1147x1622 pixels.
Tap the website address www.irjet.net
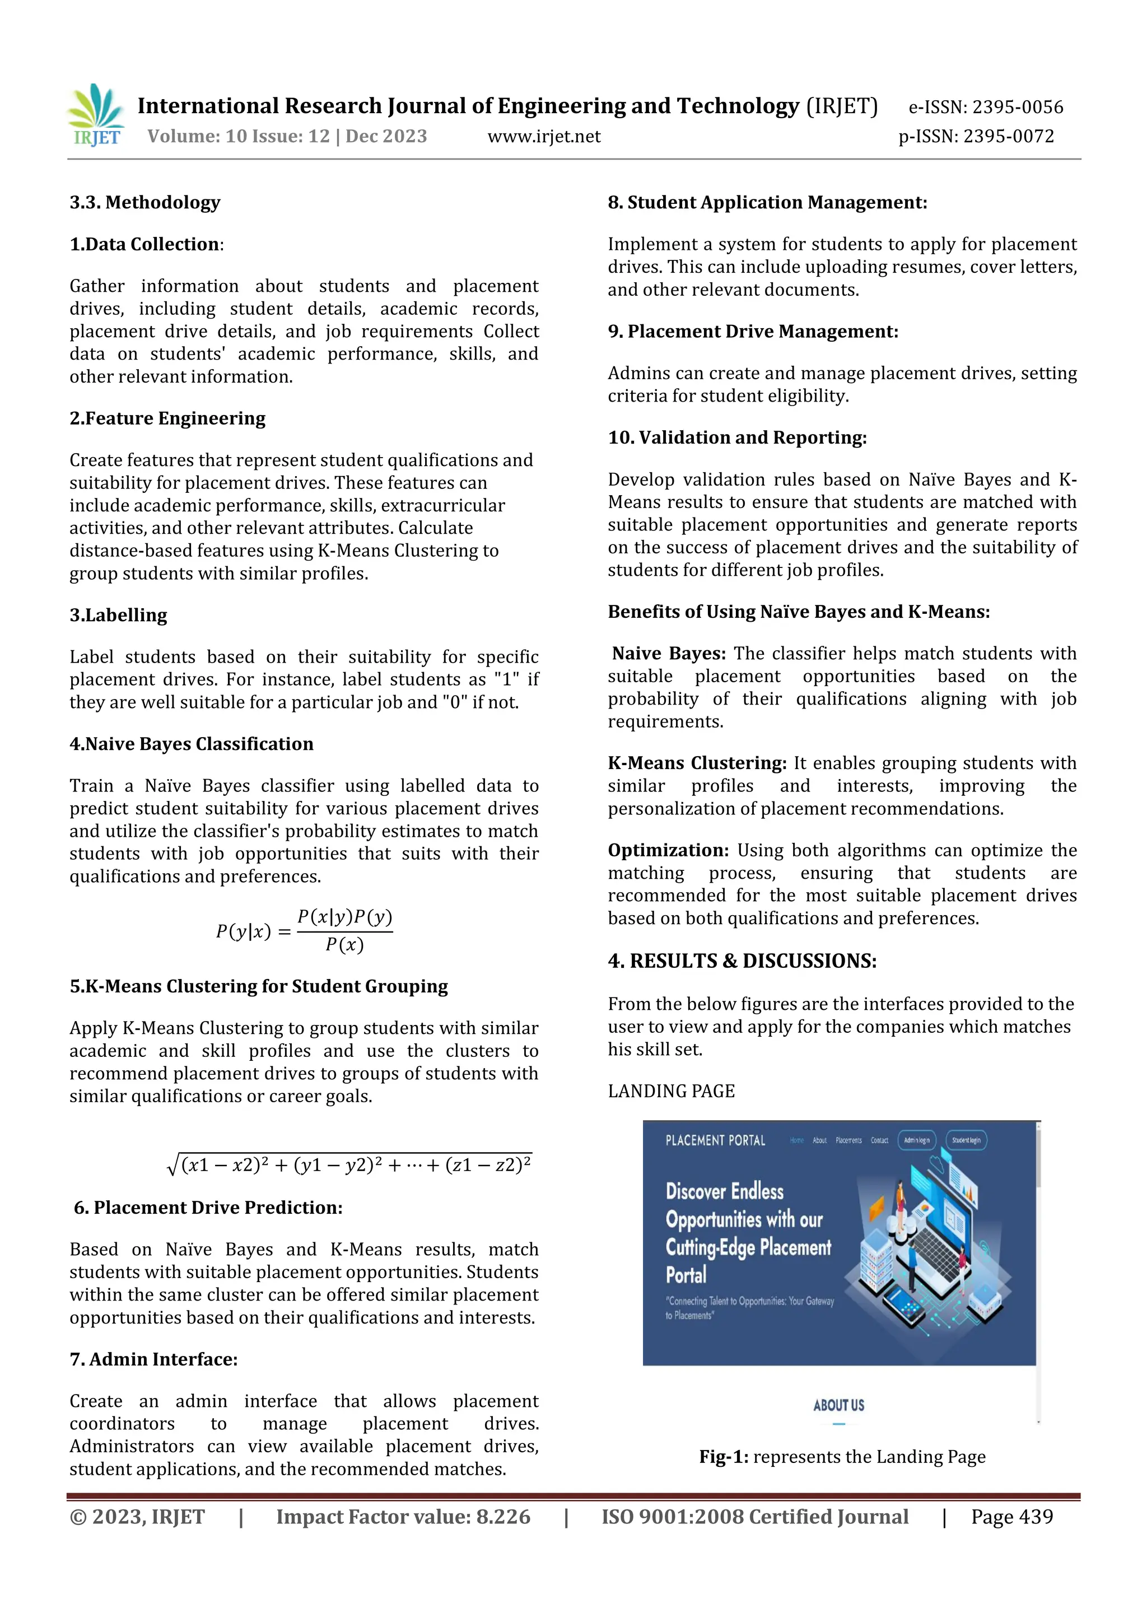click(544, 136)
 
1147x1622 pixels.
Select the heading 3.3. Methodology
click(145, 203)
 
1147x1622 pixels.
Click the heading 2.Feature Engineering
click(167, 418)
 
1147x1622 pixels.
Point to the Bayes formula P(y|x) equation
click(304, 931)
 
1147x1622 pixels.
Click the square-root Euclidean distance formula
click(349, 1165)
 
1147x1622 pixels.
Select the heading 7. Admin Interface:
click(153, 1359)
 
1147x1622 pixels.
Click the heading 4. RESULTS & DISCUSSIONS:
click(742, 961)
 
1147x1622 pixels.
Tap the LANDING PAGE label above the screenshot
click(671, 1092)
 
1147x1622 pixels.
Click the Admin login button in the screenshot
click(917, 1140)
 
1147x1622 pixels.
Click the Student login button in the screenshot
click(966, 1140)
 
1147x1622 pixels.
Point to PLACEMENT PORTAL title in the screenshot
click(715, 1140)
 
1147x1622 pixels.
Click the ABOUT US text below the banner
click(838, 1405)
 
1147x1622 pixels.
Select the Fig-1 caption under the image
click(842, 1457)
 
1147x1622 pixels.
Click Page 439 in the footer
click(1011, 1517)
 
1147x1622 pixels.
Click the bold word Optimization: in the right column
click(668, 851)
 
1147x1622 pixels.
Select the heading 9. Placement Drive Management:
click(753, 332)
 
